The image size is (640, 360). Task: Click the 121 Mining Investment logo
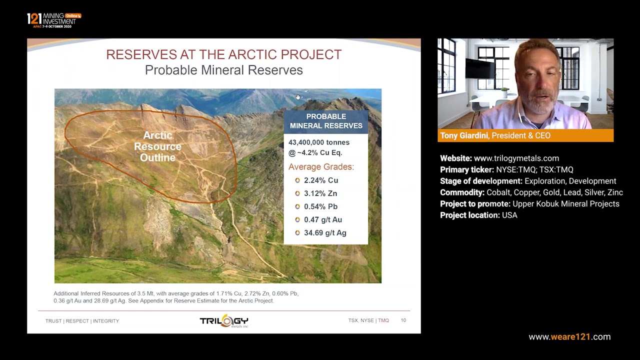pyautogui.click(x=53, y=20)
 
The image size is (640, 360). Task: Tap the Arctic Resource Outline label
pyautogui.click(x=157, y=146)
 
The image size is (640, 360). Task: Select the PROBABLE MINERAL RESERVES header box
pyautogui.click(x=326, y=121)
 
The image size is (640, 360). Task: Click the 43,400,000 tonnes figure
pyautogui.click(x=318, y=142)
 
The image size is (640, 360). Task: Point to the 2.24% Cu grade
pyautogui.click(x=320, y=180)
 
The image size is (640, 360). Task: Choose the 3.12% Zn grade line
pyautogui.click(x=320, y=193)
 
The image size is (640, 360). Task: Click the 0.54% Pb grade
pyautogui.click(x=320, y=206)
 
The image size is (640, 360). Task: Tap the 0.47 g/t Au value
pyautogui.click(x=322, y=219)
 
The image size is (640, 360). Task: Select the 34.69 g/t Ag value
pyautogui.click(x=324, y=233)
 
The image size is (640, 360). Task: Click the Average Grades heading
pyautogui.click(x=320, y=167)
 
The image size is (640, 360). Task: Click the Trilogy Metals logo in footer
pyautogui.click(x=224, y=321)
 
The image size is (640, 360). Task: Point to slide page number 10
pyautogui.click(x=403, y=320)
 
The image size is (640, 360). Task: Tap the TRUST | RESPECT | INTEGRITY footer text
pyautogui.click(x=82, y=321)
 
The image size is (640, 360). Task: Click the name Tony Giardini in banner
pyautogui.click(x=463, y=135)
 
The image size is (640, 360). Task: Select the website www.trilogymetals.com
pyautogui.click(x=516, y=158)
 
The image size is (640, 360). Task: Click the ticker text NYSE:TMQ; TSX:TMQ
pyautogui.click(x=534, y=170)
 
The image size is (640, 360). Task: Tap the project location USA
pyautogui.click(x=509, y=215)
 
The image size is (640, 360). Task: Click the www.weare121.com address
pyautogui.click(x=569, y=337)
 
